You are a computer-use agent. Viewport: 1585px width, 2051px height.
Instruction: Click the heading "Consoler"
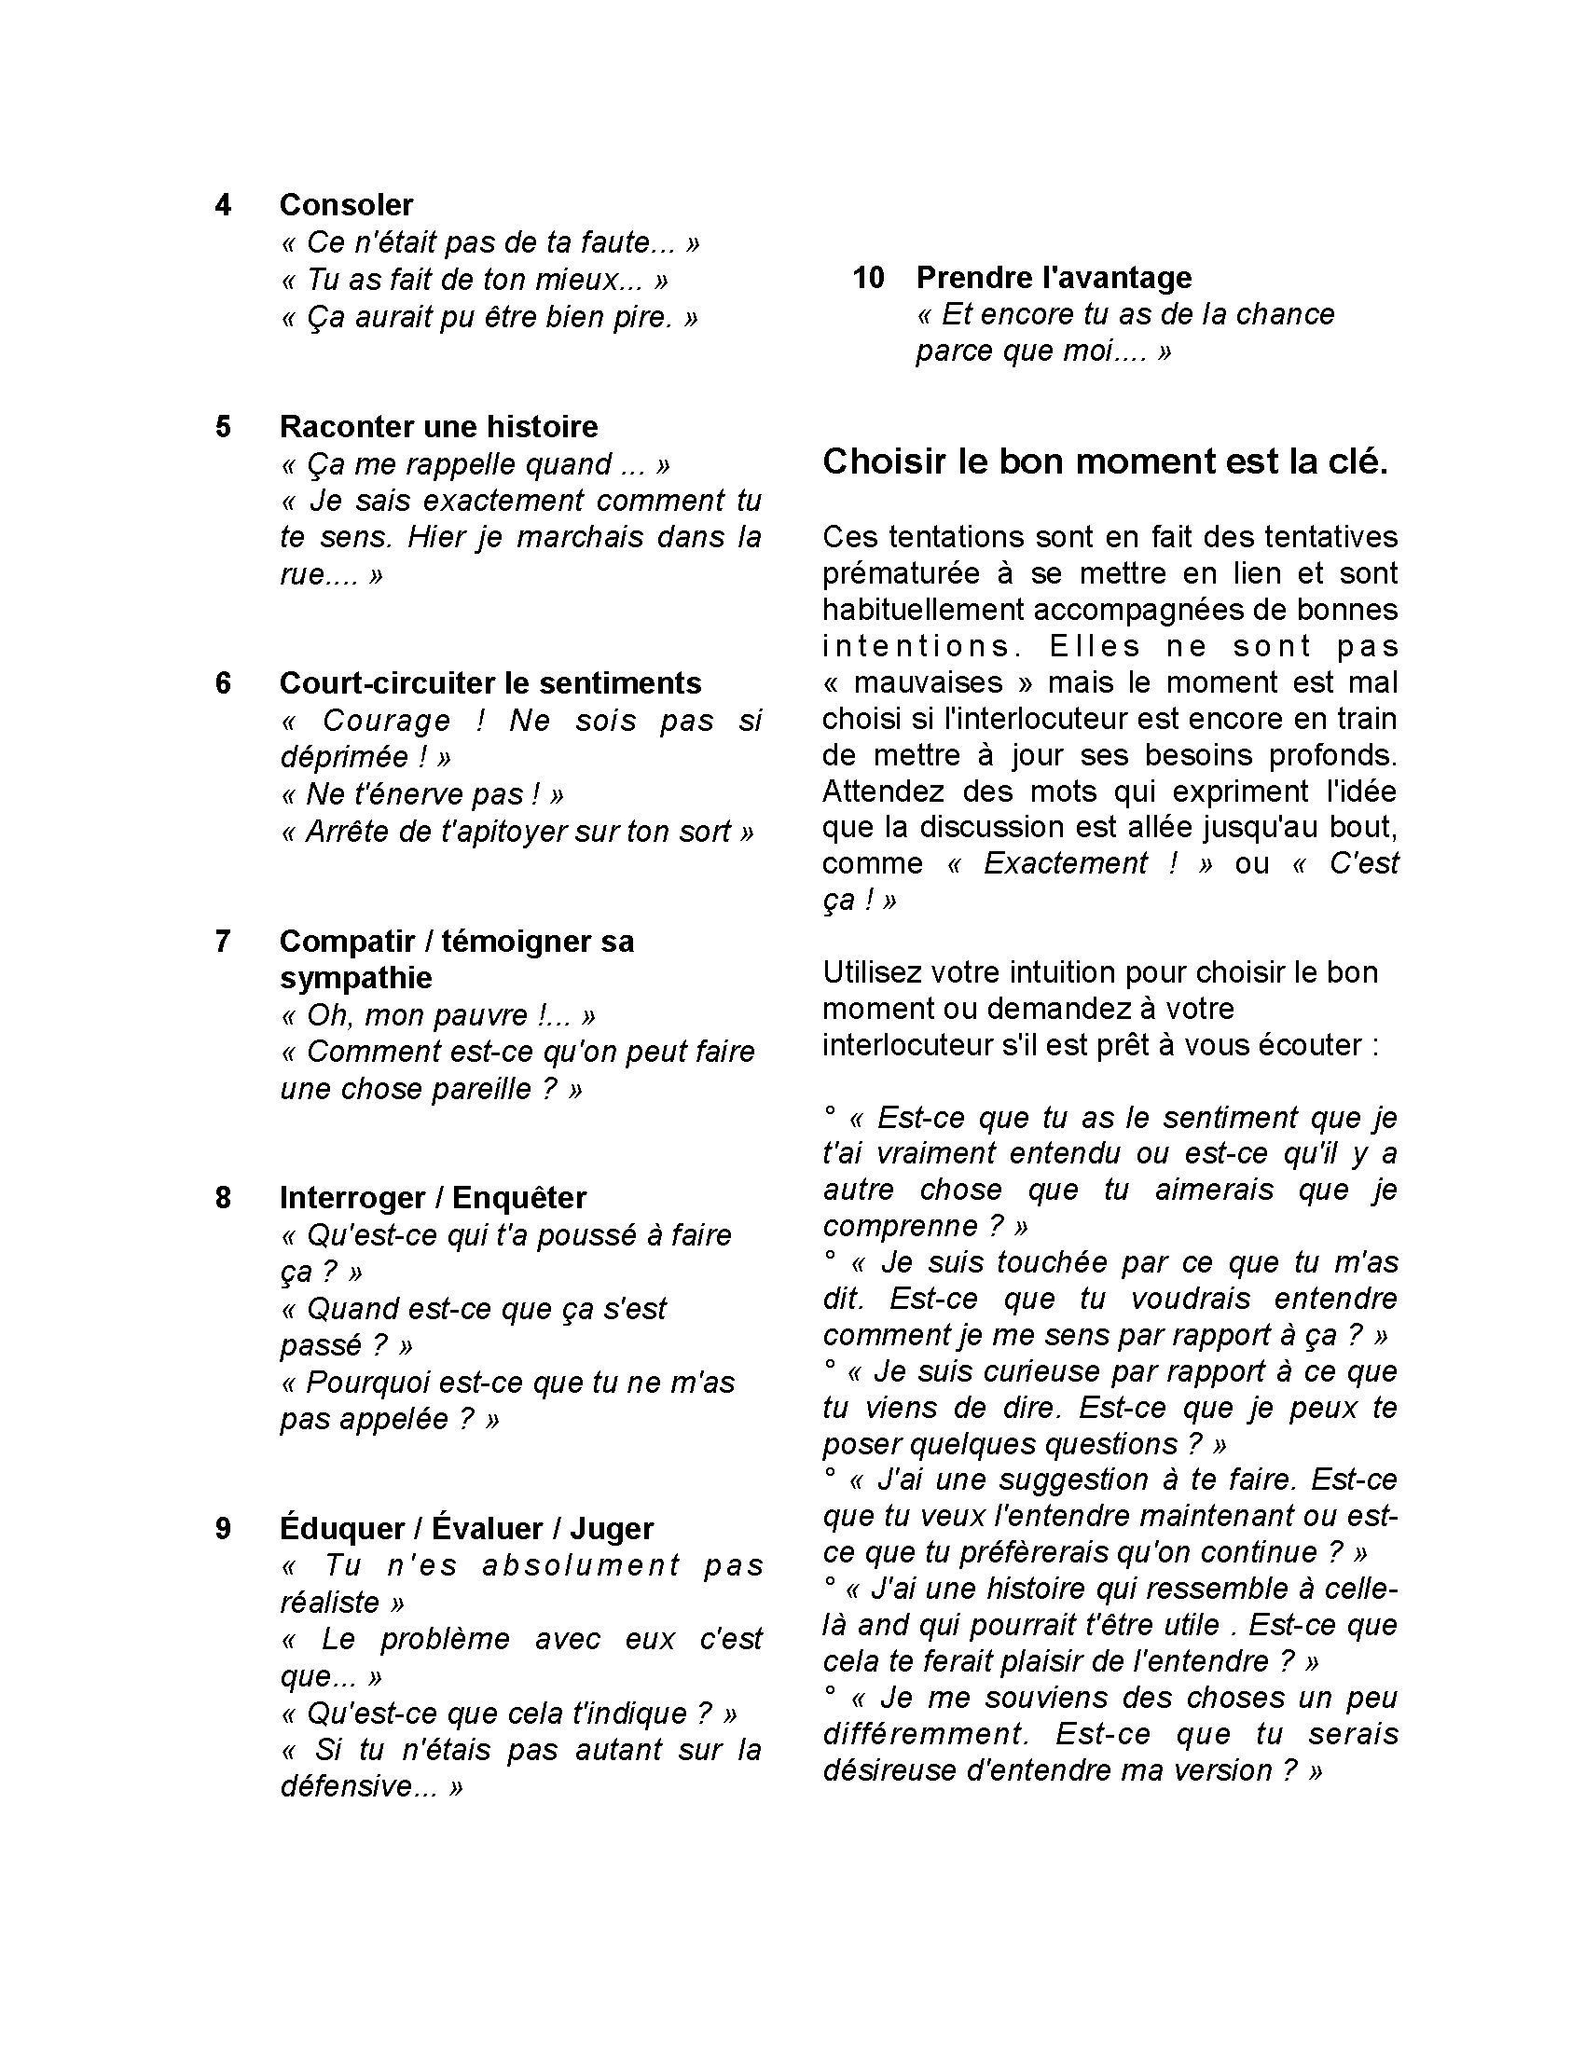point(346,205)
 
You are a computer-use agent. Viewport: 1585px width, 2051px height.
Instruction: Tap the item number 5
point(223,426)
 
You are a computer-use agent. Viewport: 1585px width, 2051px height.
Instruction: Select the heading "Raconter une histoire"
point(438,426)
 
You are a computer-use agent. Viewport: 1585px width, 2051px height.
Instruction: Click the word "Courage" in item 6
point(386,721)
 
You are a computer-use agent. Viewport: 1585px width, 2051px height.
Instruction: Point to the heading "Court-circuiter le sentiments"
point(490,682)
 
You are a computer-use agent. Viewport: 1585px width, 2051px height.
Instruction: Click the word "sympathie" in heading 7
point(356,978)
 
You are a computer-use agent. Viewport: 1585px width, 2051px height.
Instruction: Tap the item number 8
point(223,1197)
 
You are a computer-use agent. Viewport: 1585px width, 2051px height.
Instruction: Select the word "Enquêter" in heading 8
point(519,1197)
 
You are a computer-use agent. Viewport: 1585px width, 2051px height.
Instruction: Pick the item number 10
point(869,277)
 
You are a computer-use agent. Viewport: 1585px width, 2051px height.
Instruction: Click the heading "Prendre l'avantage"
point(1054,277)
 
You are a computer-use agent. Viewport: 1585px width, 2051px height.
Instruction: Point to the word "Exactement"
point(1065,863)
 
